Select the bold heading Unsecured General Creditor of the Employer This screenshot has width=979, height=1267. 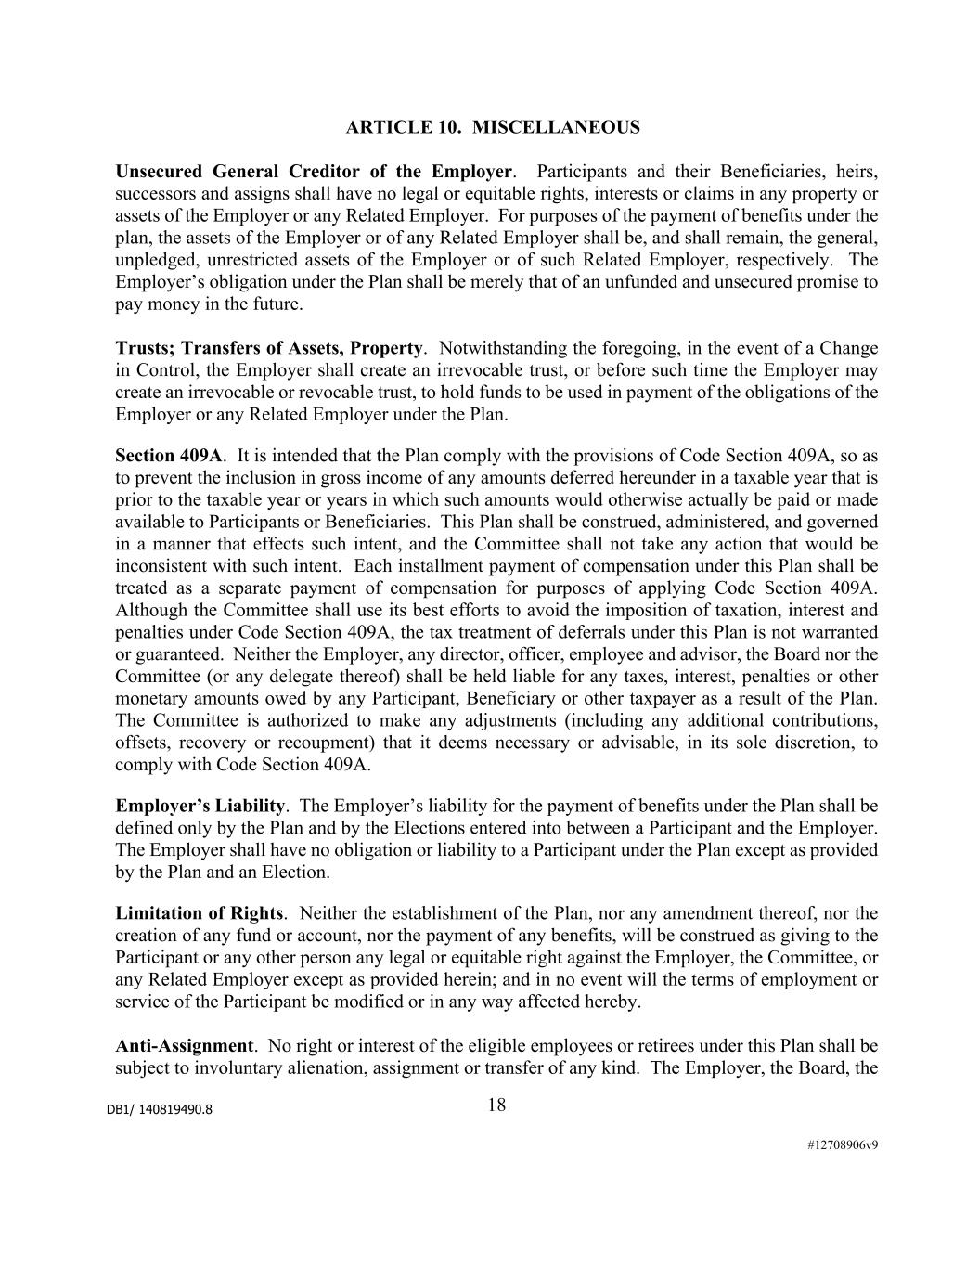pyautogui.click(x=314, y=172)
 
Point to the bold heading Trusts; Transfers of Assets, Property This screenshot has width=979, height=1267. pyautogui.click(x=268, y=348)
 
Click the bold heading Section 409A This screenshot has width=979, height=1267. pyautogui.click(x=169, y=456)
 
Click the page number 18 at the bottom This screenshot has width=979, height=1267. pyautogui.click(x=496, y=1105)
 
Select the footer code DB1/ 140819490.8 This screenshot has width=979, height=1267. pyautogui.click(x=159, y=1109)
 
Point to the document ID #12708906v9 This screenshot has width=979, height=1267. pyautogui.click(x=842, y=1144)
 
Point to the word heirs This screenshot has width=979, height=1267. pyautogui.click(x=857, y=172)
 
